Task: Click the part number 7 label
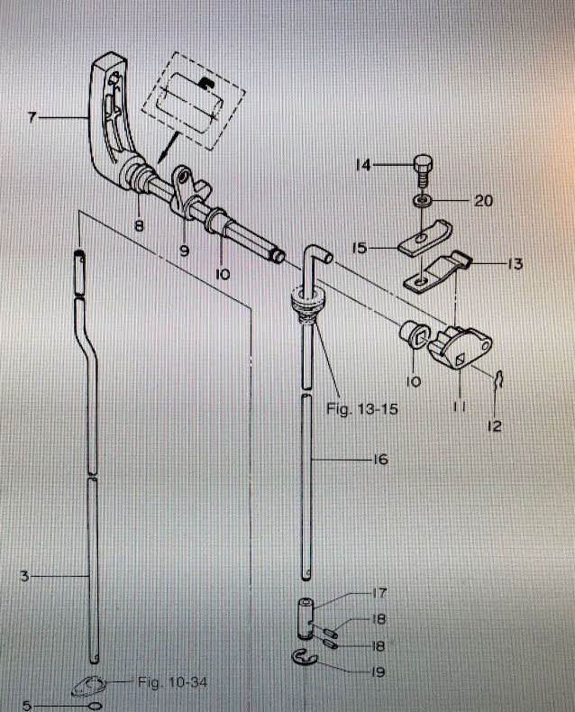(x=33, y=117)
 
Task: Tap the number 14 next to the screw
(x=363, y=165)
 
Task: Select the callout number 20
(x=483, y=201)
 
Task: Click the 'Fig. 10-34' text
(x=172, y=682)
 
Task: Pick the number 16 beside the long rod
(x=379, y=460)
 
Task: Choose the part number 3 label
(x=26, y=573)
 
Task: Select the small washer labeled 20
(x=423, y=199)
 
